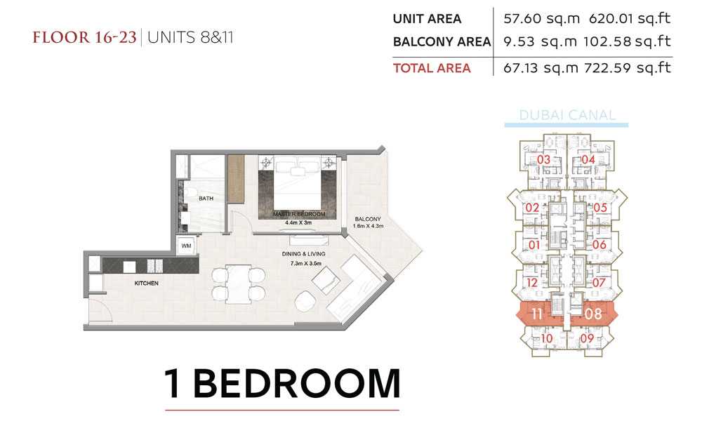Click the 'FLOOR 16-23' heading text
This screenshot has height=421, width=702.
pos(84,37)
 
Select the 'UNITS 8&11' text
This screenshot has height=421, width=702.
pos(190,37)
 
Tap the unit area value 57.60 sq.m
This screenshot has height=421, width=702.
pos(541,19)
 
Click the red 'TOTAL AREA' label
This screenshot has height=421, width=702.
pos(432,68)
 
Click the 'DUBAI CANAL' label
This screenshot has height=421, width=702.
pos(567,115)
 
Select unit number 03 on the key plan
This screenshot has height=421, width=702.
pos(543,159)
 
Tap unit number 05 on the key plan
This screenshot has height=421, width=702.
pos(600,207)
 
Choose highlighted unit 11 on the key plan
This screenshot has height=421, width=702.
pos(537,314)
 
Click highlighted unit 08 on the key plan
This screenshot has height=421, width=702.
pos(593,314)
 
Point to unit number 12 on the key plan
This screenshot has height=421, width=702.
pos(532,283)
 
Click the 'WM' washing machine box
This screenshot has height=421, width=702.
pos(186,246)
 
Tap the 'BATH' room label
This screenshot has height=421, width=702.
pos(206,198)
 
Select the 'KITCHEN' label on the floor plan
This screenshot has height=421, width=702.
pos(147,283)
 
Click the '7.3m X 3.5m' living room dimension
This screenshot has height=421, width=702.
pos(306,264)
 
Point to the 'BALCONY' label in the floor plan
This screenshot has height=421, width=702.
pos(368,219)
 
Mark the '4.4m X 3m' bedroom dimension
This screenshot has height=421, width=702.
pos(298,222)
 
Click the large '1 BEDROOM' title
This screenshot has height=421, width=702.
pos(282,383)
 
